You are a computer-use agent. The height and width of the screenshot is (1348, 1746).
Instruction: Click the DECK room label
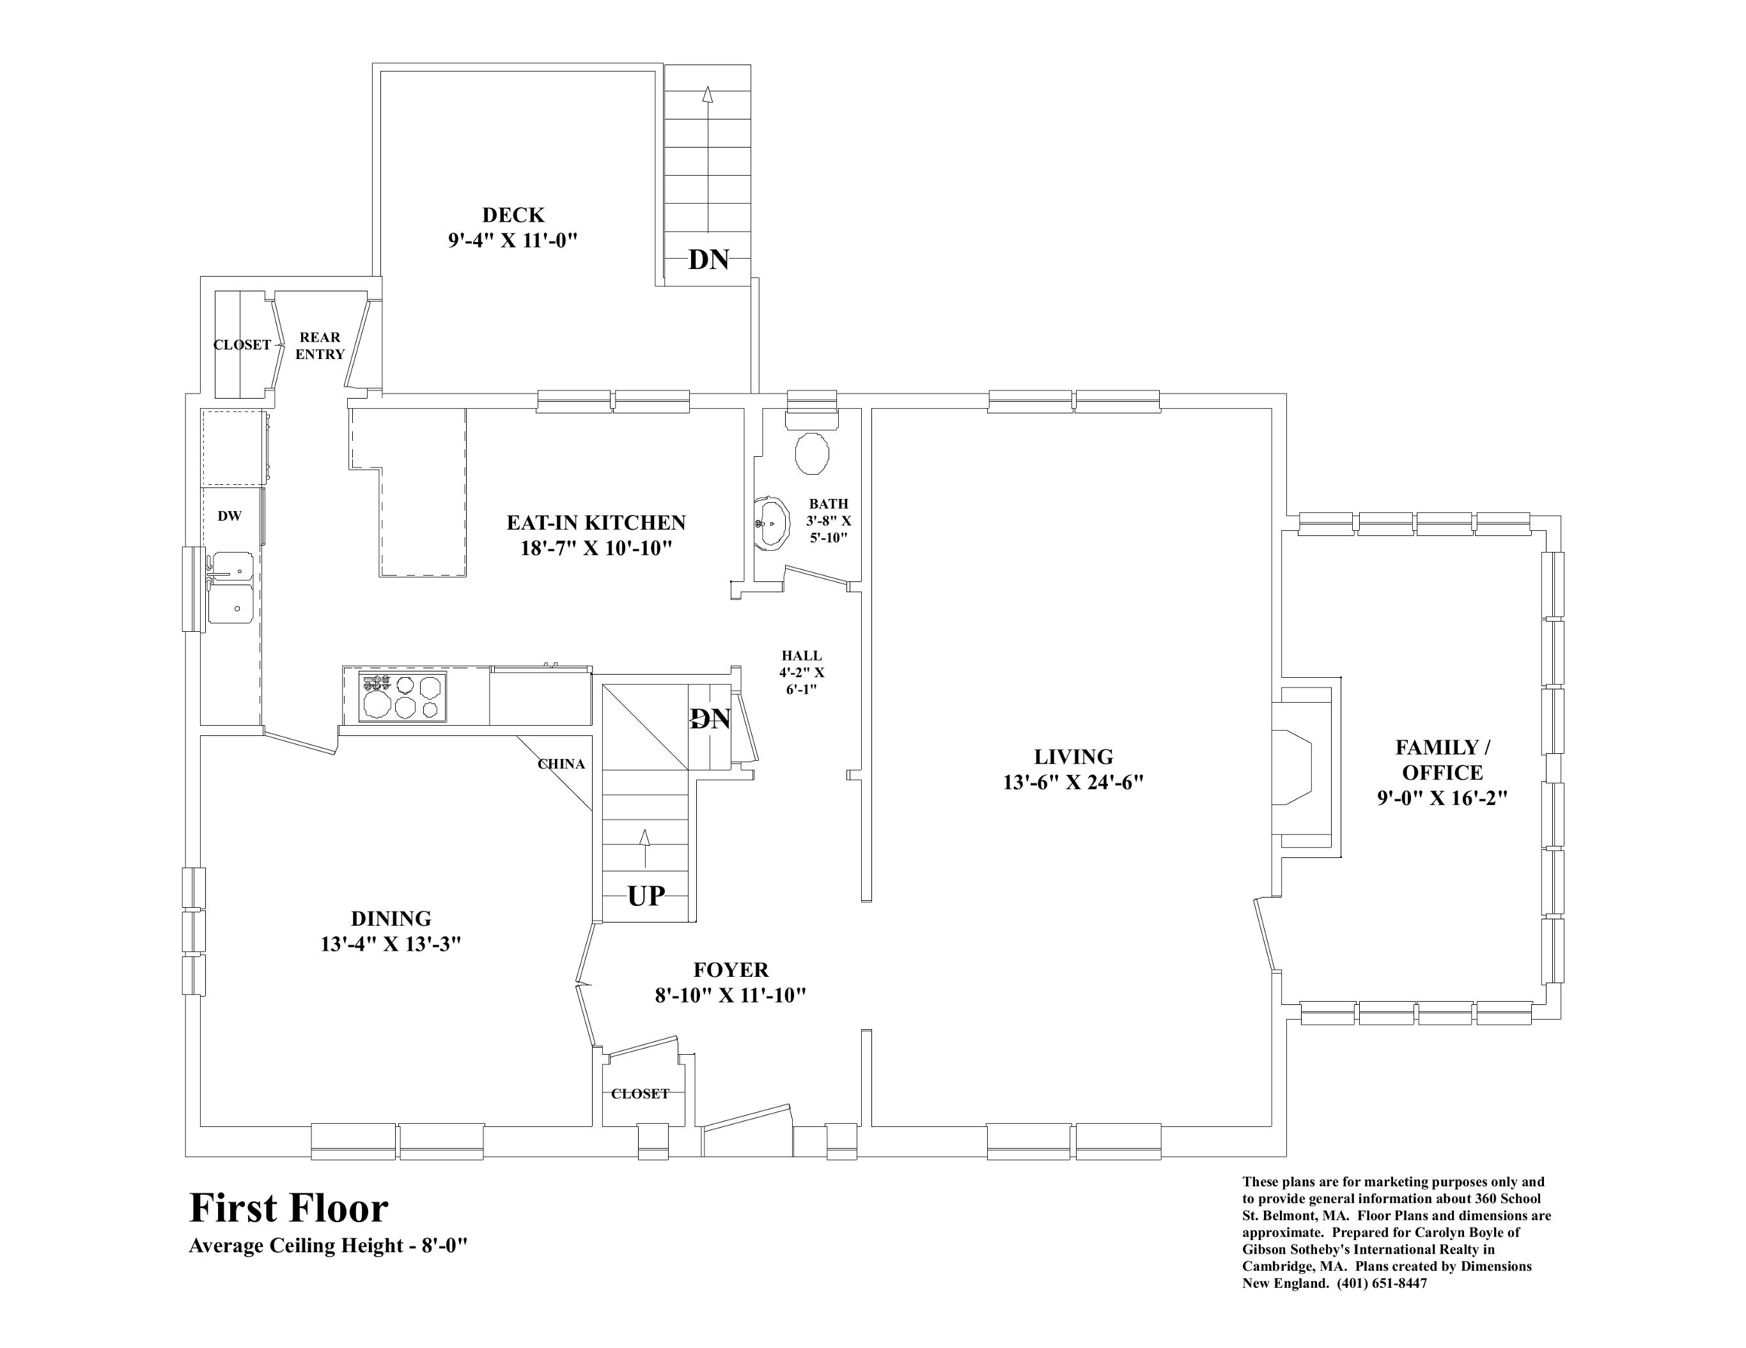coord(513,215)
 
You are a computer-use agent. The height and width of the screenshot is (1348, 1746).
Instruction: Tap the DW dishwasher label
coord(230,516)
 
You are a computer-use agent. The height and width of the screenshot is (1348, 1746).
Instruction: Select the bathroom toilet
coord(812,453)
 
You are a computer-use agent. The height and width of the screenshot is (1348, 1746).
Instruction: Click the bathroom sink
coord(772,523)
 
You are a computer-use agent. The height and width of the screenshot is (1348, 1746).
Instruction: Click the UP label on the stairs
coord(646,896)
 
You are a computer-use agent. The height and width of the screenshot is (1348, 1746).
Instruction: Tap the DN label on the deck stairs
coord(708,259)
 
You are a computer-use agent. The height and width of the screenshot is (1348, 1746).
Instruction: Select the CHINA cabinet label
coord(561,764)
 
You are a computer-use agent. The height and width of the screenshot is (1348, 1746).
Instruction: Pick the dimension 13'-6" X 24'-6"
coord(1073,782)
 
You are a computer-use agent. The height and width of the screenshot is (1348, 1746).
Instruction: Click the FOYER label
coord(731,970)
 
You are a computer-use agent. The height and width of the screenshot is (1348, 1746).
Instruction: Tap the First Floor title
coord(288,1208)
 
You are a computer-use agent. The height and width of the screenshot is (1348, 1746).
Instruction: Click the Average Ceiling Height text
coord(328,1246)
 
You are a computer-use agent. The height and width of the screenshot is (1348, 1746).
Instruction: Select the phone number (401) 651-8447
coord(1382,1306)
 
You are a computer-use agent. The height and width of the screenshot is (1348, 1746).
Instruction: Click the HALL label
coord(802,656)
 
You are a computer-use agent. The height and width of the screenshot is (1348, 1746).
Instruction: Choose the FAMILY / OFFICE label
coord(1442,760)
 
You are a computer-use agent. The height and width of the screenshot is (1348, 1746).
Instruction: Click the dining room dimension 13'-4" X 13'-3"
coord(391,944)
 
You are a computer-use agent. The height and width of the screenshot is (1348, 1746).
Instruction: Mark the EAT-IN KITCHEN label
coord(596,523)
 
